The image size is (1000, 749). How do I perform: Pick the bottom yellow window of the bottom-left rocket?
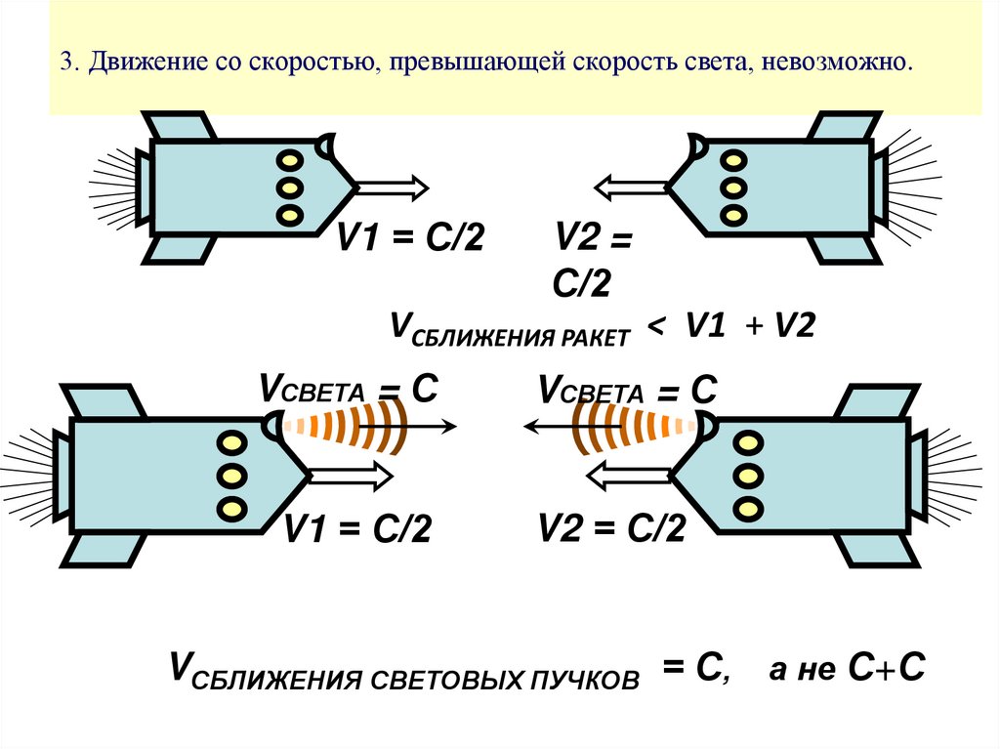(231, 508)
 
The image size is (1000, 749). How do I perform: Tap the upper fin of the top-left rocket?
(179, 126)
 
